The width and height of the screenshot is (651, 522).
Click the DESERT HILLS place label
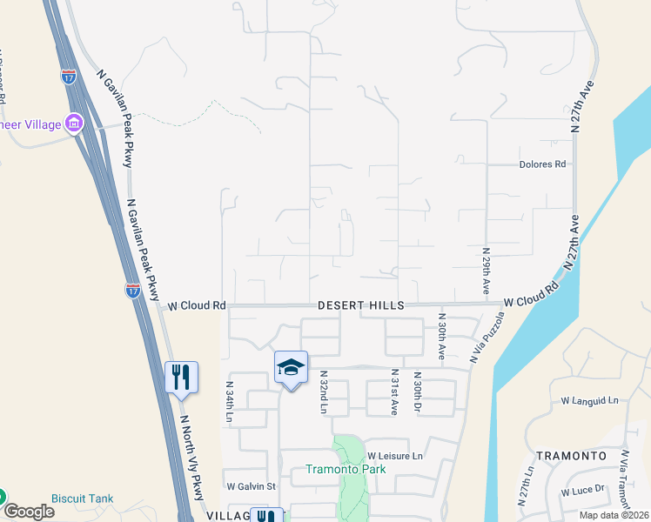pyautogui.click(x=360, y=305)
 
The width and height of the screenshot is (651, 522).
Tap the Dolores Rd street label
pyautogui.click(x=542, y=164)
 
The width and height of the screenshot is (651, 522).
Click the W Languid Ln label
pyautogui.click(x=589, y=400)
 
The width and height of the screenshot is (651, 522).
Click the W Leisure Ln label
pyautogui.click(x=394, y=455)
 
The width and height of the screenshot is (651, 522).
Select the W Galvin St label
pyautogui.click(x=251, y=486)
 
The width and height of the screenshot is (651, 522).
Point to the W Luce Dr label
pyautogui.click(x=583, y=491)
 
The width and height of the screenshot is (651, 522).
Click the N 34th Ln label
pyautogui.click(x=230, y=402)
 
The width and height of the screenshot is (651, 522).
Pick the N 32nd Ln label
pyautogui.click(x=323, y=392)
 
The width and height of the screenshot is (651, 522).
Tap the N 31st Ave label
pyautogui.click(x=393, y=392)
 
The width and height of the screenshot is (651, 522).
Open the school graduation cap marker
pyautogui.click(x=292, y=366)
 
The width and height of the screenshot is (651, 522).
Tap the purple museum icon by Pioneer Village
pyautogui.click(x=74, y=124)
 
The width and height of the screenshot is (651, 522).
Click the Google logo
pyautogui.click(x=28, y=512)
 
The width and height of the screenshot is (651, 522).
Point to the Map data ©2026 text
pyautogui.click(x=614, y=515)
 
